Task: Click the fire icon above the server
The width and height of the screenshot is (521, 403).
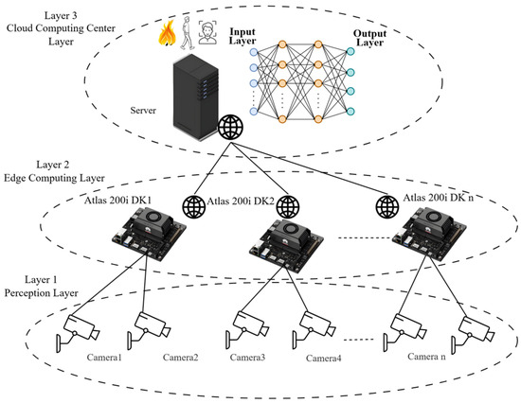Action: (x=167, y=32)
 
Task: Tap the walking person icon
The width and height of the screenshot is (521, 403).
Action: (x=188, y=32)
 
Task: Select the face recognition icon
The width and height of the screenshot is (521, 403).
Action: (x=207, y=32)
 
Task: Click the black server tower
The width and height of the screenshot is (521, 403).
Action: (x=196, y=97)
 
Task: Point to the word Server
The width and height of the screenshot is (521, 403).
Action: (x=143, y=111)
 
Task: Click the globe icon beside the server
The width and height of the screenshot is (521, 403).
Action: (x=230, y=127)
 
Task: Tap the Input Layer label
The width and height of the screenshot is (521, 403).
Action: (x=243, y=37)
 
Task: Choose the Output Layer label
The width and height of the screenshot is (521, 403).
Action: (x=369, y=38)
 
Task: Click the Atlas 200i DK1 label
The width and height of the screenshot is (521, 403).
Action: (x=118, y=201)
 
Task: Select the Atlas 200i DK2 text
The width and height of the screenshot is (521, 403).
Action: (x=241, y=201)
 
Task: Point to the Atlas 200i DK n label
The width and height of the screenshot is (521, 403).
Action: (x=439, y=198)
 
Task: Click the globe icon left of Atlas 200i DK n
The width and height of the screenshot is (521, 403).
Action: (x=387, y=207)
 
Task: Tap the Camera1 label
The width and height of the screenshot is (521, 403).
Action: (x=104, y=358)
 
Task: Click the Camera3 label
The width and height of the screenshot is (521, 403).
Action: (x=247, y=358)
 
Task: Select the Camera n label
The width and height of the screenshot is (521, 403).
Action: (x=426, y=357)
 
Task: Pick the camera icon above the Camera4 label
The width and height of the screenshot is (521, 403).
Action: (x=314, y=328)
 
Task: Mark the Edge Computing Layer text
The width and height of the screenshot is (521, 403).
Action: (x=54, y=178)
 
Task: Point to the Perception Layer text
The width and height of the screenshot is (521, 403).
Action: (x=41, y=293)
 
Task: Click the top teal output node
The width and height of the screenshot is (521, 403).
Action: (x=350, y=51)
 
